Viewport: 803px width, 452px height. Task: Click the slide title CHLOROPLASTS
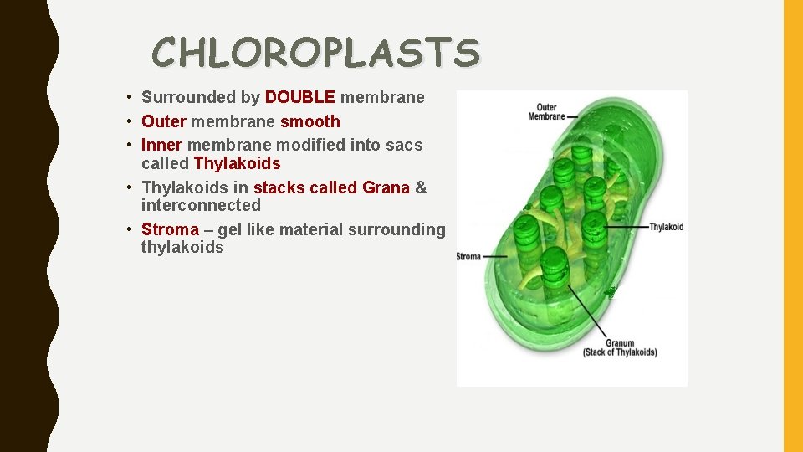pos(316,52)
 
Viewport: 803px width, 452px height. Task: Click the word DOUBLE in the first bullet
pos(299,98)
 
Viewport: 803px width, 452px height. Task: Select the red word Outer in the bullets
pos(162,122)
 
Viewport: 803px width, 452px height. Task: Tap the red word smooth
pos(310,122)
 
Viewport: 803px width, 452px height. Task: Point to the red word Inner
pos(161,146)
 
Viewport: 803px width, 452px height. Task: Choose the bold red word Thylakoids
pos(237,163)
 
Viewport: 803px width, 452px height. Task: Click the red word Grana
pos(386,187)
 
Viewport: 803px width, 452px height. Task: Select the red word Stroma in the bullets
pos(170,229)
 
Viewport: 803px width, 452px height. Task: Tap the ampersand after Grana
pos(421,187)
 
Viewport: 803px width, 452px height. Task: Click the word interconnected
pos(201,205)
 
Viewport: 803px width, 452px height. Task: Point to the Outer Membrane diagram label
pos(546,111)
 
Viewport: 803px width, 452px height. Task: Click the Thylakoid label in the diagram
pos(666,227)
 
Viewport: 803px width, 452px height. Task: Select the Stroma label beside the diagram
pos(469,256)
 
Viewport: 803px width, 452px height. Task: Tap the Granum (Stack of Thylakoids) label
pos(620,347)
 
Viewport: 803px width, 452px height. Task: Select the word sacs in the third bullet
pos(404,146)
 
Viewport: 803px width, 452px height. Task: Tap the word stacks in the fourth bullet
pos(279,187)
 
